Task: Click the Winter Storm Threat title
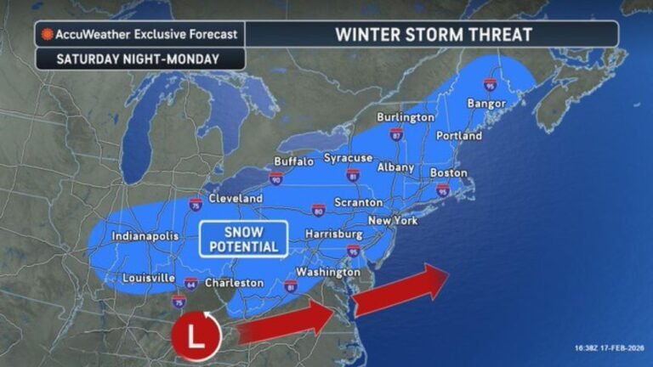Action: pos(434,35)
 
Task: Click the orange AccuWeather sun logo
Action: pos(48,35)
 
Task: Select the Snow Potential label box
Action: pos(243,239)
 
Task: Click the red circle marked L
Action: pos(196,334)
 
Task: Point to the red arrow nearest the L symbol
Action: pos(286,321)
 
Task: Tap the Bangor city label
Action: pos(486,104)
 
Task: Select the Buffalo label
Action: pos(294,161)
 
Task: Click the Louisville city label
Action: pos(148,278)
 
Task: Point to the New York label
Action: pos(393,220)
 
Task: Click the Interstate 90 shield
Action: pos(276,179)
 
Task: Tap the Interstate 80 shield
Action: pos(317,209)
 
